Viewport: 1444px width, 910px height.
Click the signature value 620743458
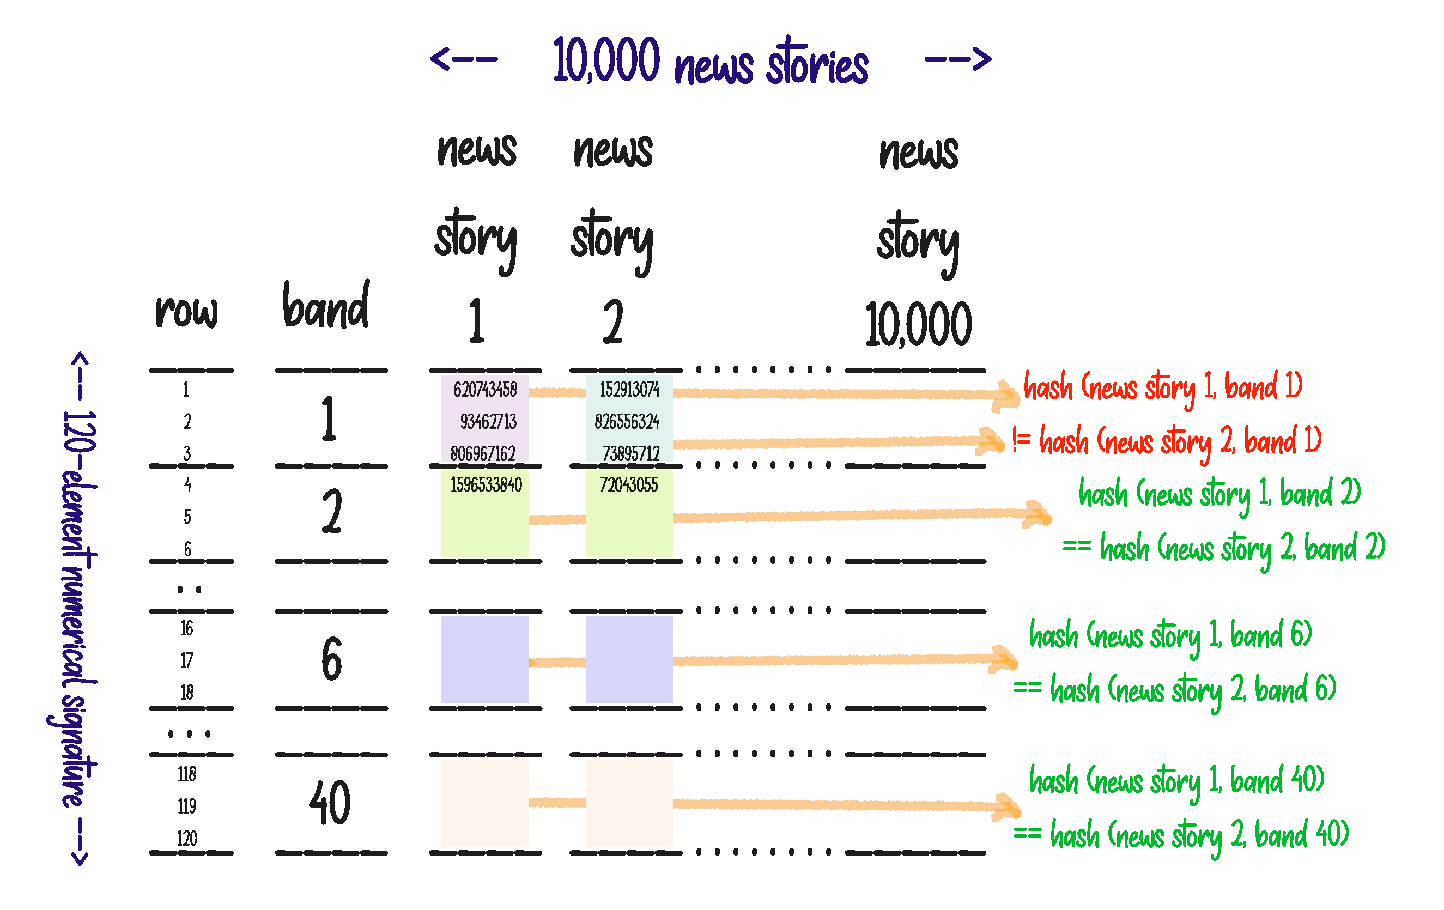tap(484, 390)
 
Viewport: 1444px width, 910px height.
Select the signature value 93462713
tap(488, 422)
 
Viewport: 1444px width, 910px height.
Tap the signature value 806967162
tap(483, 453)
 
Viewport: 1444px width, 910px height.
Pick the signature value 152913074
tap(629, 390)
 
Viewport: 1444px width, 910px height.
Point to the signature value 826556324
tap(627, 422)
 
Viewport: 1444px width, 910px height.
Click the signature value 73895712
tap(630, 453)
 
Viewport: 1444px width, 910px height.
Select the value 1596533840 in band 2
tap(486, 484)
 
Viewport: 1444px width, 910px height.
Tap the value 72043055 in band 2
tap(628, 484)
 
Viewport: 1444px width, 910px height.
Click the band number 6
tap(332, 659)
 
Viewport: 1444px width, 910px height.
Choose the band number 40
tap(330, 803)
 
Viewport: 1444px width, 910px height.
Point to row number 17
tap(186, 660)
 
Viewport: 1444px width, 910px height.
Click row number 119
tap(186, 806)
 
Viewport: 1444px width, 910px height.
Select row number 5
tap(187, 517)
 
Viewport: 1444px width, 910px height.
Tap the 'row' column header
tap(186, 311)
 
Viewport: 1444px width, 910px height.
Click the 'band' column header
tap(326, 307)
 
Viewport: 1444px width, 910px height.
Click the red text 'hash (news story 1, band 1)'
tap(1163, 387)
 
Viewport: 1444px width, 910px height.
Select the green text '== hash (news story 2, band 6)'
tap(1175, 690)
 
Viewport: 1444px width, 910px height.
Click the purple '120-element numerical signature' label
tap(78, 609)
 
